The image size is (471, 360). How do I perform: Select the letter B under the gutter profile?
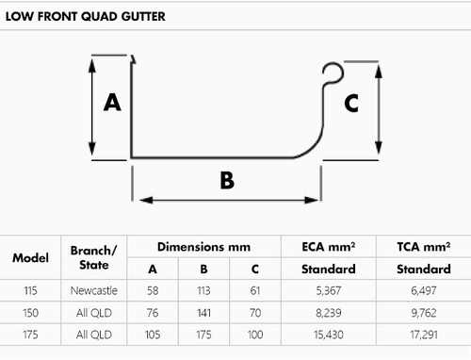[x=226, y=179]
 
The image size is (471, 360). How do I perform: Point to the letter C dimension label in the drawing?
[x=349, y=104]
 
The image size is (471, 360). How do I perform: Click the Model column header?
[x=31, y=258]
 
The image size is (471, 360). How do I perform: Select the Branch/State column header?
[x=93, y=258]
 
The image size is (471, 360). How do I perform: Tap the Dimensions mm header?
[x=203, y=247]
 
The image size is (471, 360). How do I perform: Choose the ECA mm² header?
[x=330, y=247]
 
